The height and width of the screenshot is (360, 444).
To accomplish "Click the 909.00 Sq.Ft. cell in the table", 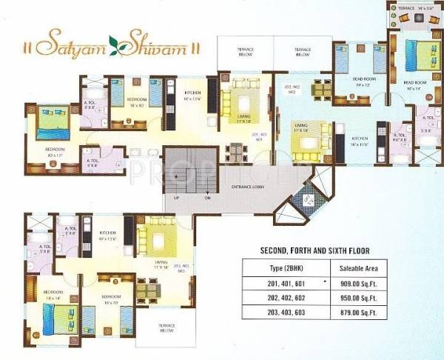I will (357, 284).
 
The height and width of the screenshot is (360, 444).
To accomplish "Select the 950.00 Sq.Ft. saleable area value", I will (357, 299).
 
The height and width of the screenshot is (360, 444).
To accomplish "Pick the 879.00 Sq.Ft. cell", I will (357, 313).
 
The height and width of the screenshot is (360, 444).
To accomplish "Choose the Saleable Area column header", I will (357, 268).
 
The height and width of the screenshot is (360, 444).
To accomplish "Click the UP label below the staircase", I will (175, 199).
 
